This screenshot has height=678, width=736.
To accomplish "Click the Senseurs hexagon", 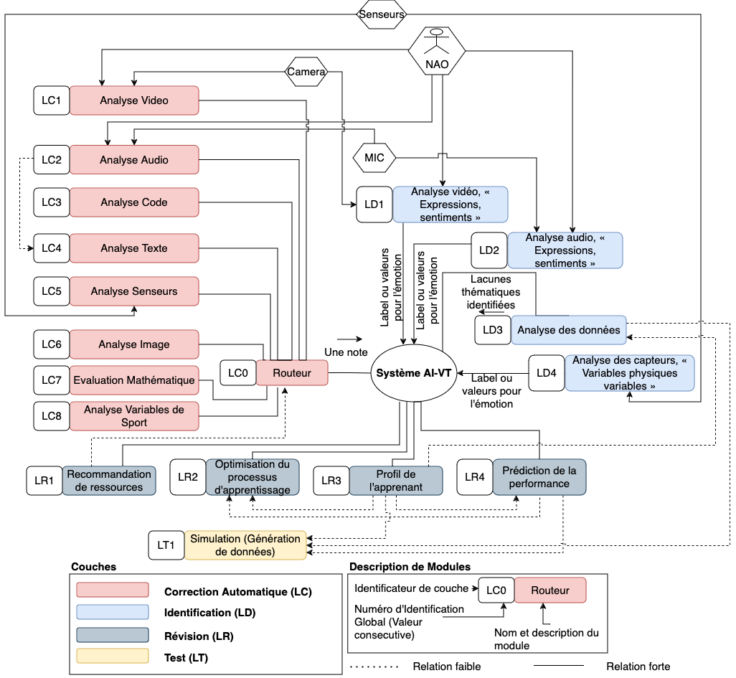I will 382,14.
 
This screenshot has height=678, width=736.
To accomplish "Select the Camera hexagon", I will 306,72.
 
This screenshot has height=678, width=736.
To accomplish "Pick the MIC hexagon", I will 374,158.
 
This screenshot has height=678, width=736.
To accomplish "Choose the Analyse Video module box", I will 134,100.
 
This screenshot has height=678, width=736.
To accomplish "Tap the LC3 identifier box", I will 52,202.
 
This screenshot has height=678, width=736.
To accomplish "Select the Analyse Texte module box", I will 134,248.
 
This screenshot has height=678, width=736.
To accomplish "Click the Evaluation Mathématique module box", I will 134,380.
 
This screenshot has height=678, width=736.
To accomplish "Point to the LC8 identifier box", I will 52,416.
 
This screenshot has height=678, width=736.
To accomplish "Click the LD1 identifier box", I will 374,204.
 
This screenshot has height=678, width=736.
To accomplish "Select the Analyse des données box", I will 568,330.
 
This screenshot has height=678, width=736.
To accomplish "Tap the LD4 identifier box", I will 547,373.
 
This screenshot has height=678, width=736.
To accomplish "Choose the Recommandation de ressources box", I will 108,481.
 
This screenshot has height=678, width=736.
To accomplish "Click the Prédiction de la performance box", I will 539,477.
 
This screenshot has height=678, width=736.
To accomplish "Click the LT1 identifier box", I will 166,545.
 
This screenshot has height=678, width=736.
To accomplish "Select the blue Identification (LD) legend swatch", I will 113,612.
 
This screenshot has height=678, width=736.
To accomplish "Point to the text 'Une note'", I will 346,352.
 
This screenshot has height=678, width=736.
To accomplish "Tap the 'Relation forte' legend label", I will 638,667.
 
